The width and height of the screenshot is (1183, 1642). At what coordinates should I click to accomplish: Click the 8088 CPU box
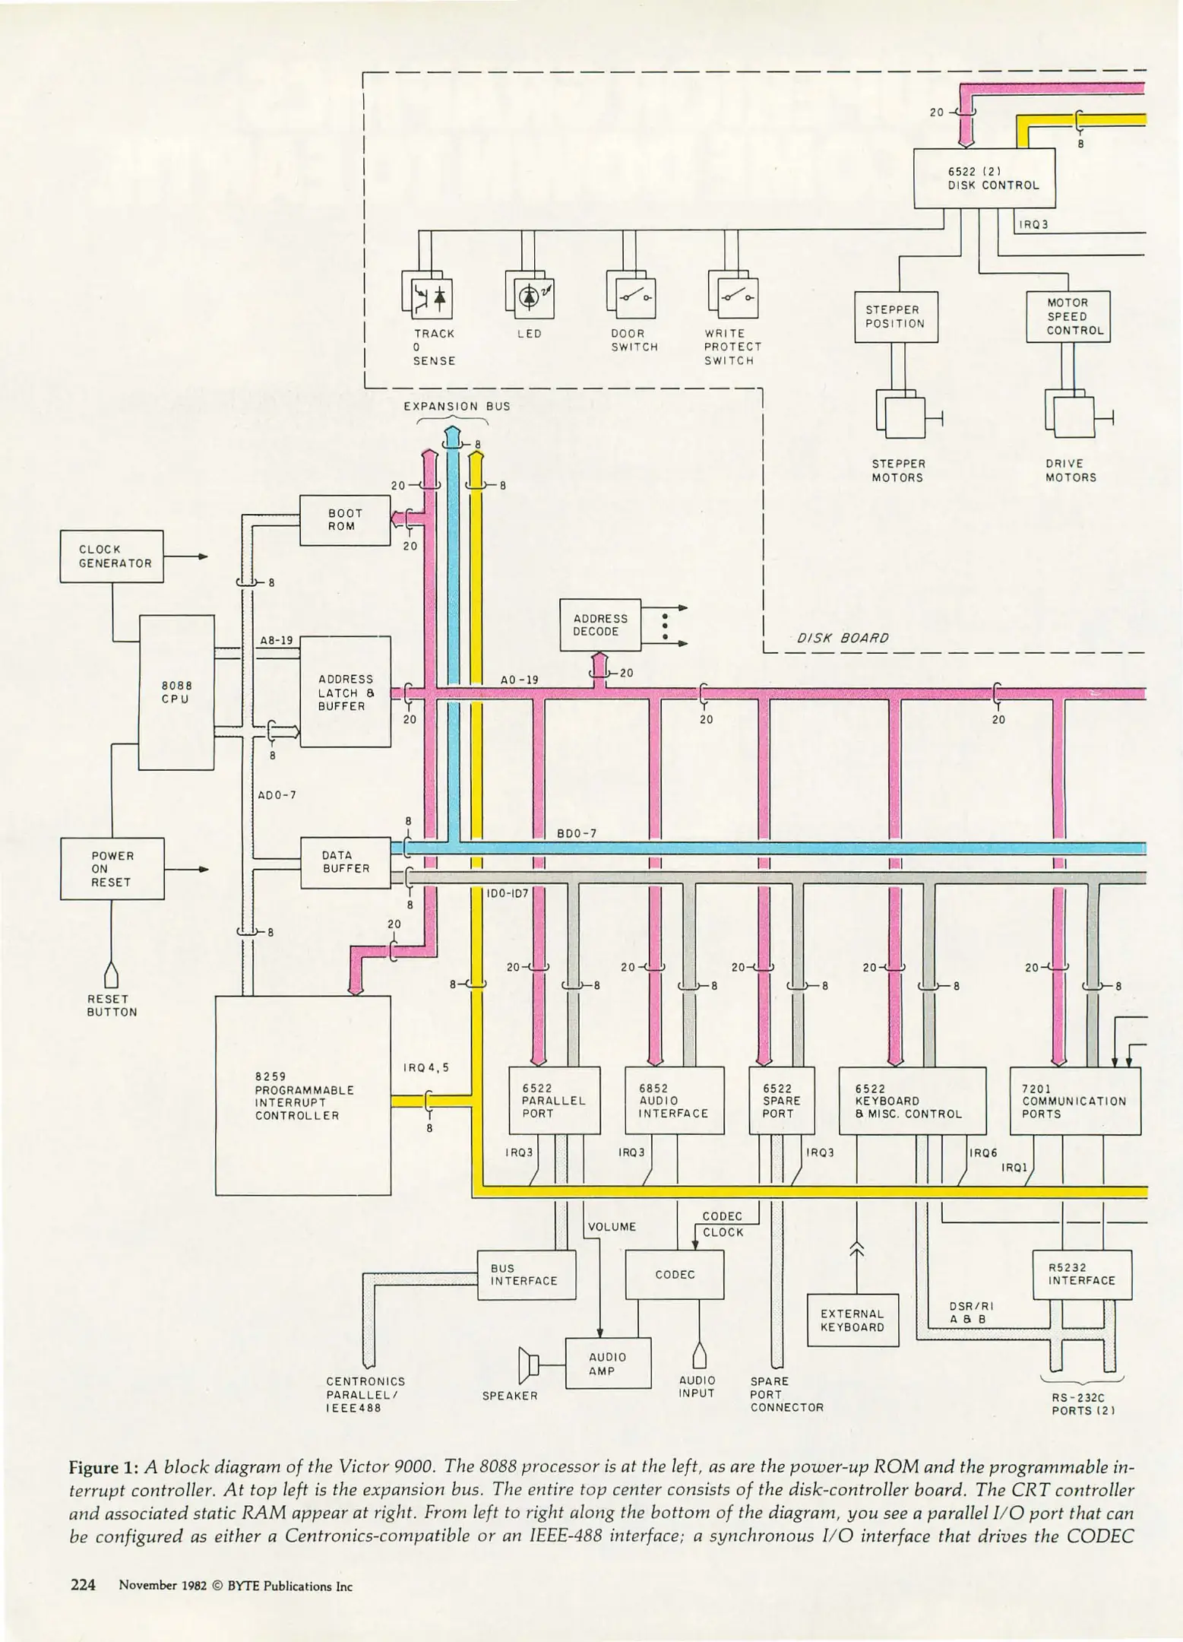[x=176, y=692]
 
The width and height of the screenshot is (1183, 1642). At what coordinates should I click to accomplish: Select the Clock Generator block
[x=112, y=556]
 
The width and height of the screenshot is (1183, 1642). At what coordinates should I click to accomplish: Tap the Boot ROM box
[x=345, y=520]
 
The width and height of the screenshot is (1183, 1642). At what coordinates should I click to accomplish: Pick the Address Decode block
[x=600, y=625]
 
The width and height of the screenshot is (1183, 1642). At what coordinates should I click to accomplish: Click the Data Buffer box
[x=346, y=861]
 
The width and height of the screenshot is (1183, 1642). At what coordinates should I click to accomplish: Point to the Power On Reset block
[x=112, y=869]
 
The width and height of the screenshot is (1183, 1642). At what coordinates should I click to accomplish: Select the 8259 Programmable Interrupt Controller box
[x=302, y=1095]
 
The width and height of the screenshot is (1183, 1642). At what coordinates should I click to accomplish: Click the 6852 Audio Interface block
[x=674, y=1100]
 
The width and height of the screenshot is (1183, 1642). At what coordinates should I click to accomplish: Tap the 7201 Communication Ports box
[x=1074, y=1100]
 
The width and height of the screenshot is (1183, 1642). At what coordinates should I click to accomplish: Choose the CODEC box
[x=674, y=1274]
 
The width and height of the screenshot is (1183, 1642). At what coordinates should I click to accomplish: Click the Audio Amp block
[x=608, y=1364]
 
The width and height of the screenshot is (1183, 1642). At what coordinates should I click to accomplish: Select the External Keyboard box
[x=852, y=1320]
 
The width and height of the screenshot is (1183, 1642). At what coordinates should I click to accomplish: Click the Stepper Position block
[x=896, y=316]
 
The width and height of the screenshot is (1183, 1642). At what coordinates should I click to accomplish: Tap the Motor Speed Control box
[x=1068, y=316]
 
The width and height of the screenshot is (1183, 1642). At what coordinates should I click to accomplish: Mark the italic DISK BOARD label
[x=843, y=638]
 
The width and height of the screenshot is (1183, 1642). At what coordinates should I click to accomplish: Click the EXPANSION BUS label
[x=457, y=406]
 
